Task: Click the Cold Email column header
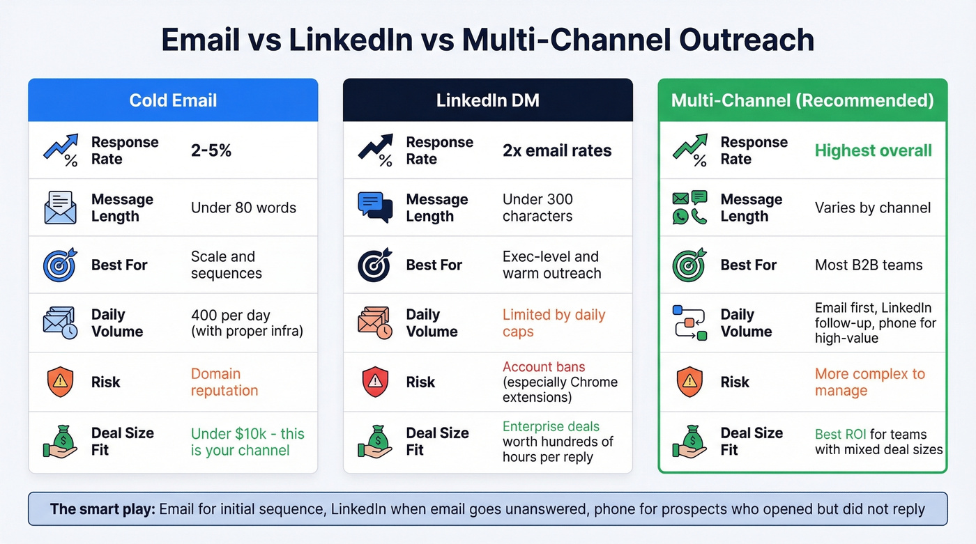coord(173,100)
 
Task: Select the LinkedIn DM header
coord(487,100)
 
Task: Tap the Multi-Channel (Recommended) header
coord(802,100)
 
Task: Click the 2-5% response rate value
coord(211,150)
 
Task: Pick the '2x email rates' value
coord(557,150)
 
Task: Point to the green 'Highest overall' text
coord(873,150)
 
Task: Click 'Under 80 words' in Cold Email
coord(243,208)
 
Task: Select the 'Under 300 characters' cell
coord(537,208)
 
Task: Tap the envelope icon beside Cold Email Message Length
coord(60,208)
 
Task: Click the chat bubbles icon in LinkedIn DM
coord(375,208)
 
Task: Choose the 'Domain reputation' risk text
coord(224,382)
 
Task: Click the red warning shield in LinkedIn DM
coord(375,382)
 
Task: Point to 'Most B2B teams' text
coord(869,265)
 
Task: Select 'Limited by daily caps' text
coord(554,323)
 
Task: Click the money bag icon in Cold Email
coord(60,441)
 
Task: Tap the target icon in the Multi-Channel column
coord(689,265)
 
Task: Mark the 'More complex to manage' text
coord(870,382)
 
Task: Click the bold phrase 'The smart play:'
coord(102,509)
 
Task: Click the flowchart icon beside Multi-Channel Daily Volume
coord(689,322)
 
